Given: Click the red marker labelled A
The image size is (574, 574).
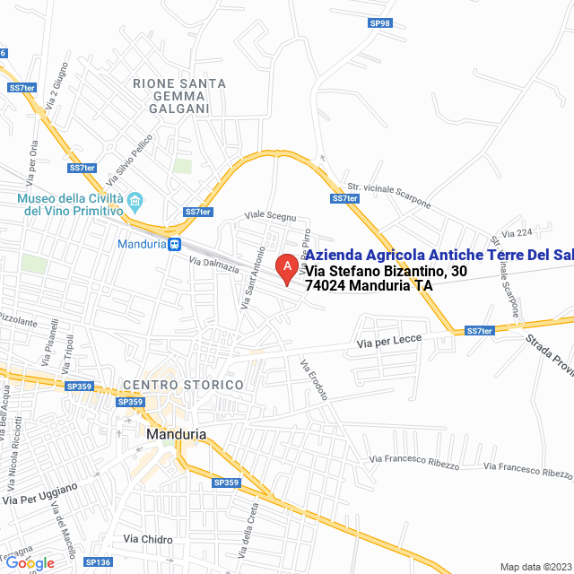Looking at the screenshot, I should tap(286, 267).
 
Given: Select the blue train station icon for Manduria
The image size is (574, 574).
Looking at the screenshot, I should tap(175, 243).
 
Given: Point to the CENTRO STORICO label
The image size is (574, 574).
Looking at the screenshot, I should tap(183, 385).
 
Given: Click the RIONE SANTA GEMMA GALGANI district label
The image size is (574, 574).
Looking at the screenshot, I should tap(178, 96).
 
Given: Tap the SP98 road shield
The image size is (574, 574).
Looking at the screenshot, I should tap(380, 22).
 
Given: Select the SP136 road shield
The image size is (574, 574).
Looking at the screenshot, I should tap(98, 562).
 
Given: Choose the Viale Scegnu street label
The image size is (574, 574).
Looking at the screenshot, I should tap(270, 216).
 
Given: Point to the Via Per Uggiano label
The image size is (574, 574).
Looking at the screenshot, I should tap(40, 492).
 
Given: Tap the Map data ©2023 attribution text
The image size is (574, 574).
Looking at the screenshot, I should tap(535, 566).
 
